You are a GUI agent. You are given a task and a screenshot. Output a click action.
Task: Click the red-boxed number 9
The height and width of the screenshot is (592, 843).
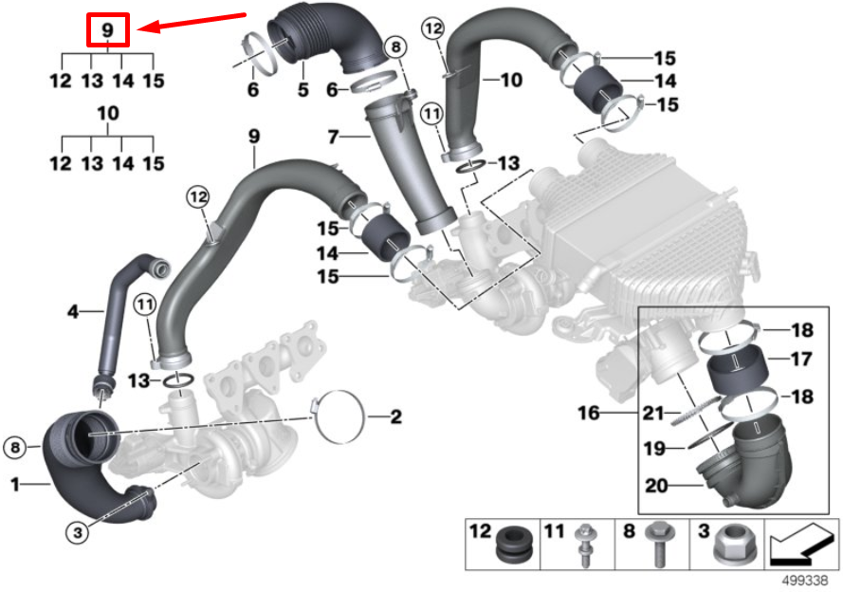[108, 30]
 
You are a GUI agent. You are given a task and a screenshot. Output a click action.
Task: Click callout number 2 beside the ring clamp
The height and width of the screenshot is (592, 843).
[396, 416]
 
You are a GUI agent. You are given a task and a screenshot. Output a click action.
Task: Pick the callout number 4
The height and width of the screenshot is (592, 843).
[72, 310]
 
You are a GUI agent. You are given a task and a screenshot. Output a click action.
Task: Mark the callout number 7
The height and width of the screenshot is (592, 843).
[333, 138]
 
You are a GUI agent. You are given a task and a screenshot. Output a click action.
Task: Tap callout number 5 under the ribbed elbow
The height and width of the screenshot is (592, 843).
[303, 90]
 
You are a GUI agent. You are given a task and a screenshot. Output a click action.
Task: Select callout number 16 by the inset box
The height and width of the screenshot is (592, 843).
[591, 413]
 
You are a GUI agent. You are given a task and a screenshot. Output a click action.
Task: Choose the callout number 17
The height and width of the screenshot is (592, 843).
[802, 359]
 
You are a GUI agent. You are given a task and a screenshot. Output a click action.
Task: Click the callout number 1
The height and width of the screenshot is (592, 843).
[14, 485]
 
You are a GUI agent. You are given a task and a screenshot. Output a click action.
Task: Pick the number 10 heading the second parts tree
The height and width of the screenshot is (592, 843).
[108, 113]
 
